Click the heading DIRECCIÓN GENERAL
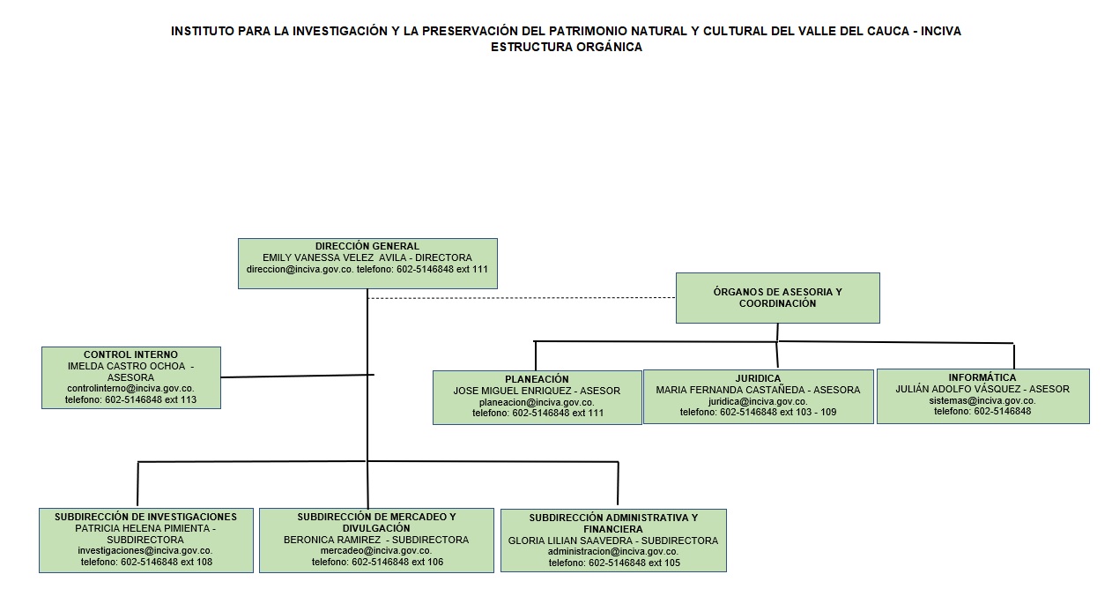[367, 246]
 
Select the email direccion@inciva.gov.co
[300, 269]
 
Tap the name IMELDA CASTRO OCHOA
[127, 366]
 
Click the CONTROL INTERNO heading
[130, 354]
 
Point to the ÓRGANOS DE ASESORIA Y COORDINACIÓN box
[778, 298]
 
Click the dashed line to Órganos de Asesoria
[522, 298]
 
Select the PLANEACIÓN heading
[537, 379]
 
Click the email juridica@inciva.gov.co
[758, 401]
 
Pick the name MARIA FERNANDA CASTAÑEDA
[730, 390]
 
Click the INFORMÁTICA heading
[982, 377]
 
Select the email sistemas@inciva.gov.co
[982, 400]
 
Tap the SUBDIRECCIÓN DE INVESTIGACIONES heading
[146, 517]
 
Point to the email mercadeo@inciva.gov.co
[376, 550]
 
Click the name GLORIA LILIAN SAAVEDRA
[572, 541]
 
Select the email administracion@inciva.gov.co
[613, 551]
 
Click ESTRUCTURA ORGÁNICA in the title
[567, 48]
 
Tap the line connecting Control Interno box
[297, 376]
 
